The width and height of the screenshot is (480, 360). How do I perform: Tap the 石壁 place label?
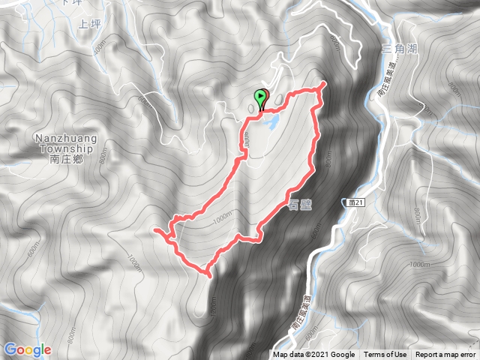298,204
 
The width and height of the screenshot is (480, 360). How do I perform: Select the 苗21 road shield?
355,202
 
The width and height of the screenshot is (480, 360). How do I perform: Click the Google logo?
27,349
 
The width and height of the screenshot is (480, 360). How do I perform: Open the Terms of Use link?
385,355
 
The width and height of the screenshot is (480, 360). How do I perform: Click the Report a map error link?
445,355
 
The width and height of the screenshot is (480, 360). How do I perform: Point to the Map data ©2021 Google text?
313,355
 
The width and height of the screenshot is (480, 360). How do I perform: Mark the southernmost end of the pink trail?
208,275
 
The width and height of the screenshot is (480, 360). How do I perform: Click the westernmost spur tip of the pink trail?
154,230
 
